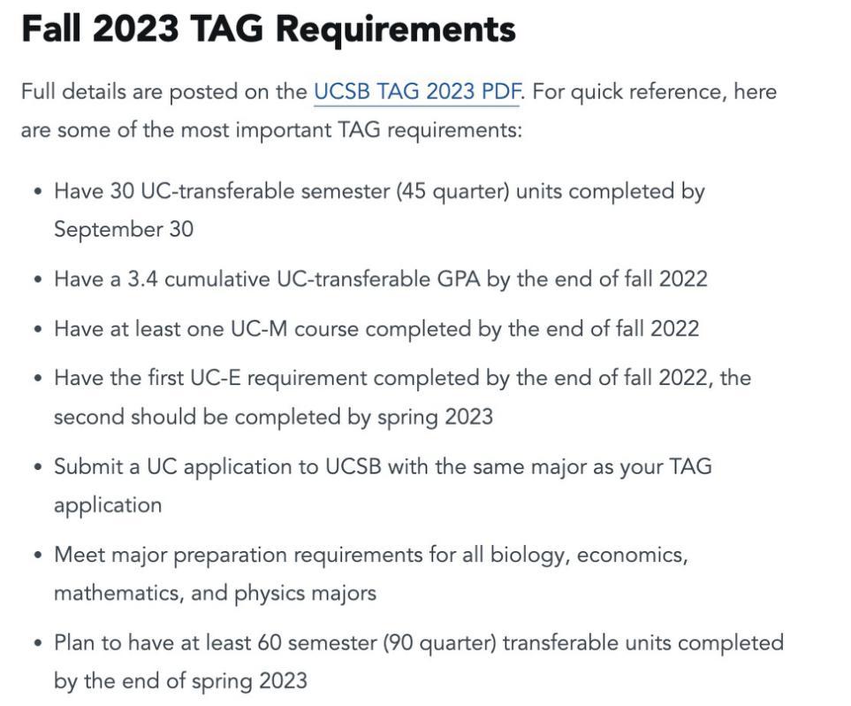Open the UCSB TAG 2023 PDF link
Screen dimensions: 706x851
coord(416,92)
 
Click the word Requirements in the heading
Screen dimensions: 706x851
coord(395,30)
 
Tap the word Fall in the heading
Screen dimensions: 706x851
coord(51,30)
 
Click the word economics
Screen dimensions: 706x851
coord(629,556)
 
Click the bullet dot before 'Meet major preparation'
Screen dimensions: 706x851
coord(37,556)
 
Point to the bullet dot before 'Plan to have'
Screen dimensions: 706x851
coord(37,643)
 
